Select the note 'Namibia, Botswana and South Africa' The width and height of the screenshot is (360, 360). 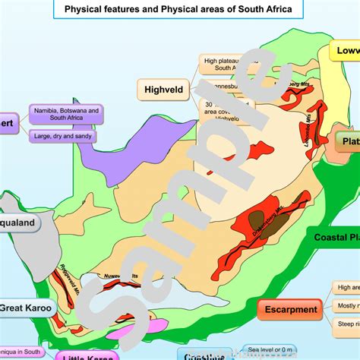(x=66, y=115)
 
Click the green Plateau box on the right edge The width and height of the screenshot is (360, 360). (x=348, y=141)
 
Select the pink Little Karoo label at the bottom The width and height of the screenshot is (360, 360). (x=80, y=355)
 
